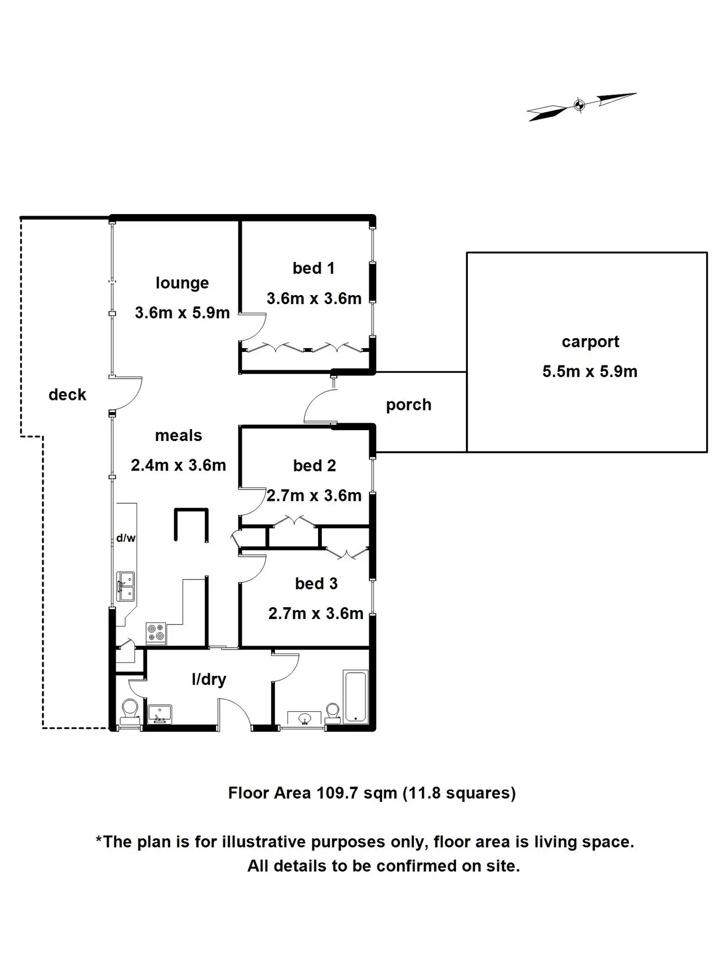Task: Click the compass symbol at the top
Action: (580, 105)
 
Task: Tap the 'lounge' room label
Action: (182, 283)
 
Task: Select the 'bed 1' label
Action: (314, 268)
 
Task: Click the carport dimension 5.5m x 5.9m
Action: (590, 371)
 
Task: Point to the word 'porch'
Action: (409, 405)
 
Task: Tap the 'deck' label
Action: (67, 395)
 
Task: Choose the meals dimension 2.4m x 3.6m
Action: (179, 465)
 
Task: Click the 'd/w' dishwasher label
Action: (126, 538)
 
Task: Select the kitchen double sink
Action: (126, 586)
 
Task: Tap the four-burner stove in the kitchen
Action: (156, 633)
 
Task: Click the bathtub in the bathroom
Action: (356, 696)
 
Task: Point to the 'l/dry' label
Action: (209, 679)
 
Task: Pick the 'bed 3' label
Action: (316, 583)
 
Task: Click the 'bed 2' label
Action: (314, 466)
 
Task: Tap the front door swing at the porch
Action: (319, 406)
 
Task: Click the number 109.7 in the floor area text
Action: (337, 793)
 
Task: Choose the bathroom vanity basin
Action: (304, 718)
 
